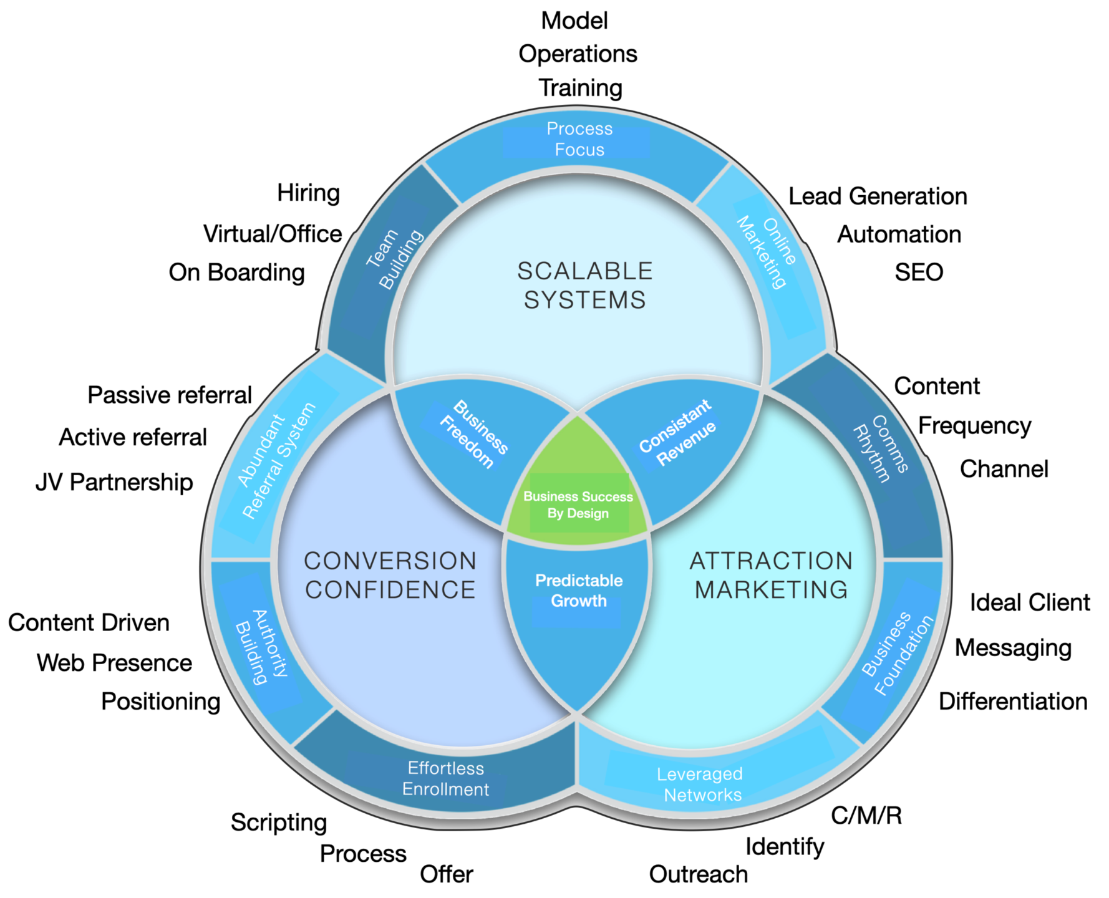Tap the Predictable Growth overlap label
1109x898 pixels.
578,591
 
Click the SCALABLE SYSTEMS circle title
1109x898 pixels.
584,286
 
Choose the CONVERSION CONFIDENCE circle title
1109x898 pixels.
390,575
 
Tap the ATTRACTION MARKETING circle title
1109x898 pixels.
771,575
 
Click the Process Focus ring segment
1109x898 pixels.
579,139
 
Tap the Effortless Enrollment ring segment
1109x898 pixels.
445,778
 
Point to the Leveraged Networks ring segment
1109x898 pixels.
700,784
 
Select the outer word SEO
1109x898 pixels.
918,273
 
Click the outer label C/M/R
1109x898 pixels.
866,815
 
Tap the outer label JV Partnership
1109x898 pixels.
114,482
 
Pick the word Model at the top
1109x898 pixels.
574,21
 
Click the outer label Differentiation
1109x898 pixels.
1012,701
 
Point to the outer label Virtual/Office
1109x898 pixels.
273,234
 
